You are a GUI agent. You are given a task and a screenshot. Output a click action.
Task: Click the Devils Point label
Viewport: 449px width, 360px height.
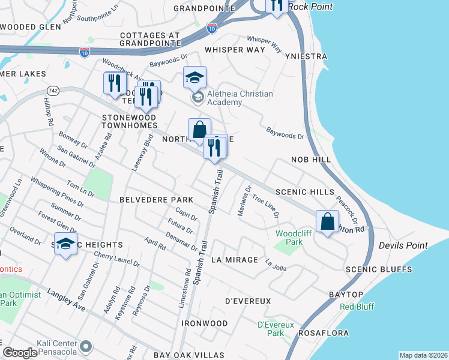click(x=403, y=245)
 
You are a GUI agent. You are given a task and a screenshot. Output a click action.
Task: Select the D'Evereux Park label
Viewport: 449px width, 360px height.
click(x=275, y=329)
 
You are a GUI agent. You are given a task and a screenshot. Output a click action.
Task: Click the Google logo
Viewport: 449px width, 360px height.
click(x=20, y=353)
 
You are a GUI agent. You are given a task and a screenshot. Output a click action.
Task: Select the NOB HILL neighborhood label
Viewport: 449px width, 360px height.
click(x=311, y=160)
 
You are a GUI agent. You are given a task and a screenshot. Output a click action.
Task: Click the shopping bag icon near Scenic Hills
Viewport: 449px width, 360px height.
click(x=328, y=221)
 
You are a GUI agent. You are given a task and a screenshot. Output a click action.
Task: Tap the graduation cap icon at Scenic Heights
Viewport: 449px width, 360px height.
click(x=66, y=244)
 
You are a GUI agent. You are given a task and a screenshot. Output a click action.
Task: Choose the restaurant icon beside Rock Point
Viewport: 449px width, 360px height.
click(x=276, y=5)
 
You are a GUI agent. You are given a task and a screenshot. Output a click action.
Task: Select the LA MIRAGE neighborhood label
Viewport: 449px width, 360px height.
click(x=234, y=260)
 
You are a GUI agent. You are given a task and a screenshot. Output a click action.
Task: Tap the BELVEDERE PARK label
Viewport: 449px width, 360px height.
click(x=156, y=199)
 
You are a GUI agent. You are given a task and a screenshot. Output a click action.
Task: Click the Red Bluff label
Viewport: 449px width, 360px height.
click(x=357, y=307)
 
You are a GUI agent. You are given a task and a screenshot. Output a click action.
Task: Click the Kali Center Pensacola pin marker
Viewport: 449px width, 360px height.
click(x=86, y=346)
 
